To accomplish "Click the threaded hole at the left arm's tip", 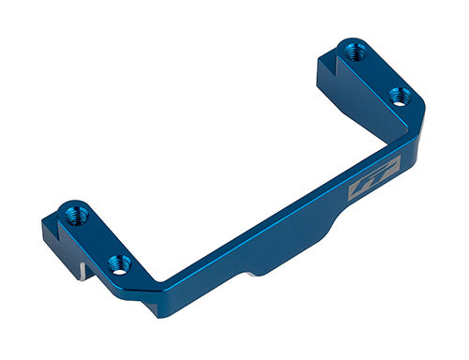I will [x=76, y=215].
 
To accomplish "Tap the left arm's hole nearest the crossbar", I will [x=117, y=262].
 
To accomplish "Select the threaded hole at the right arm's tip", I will [x=354, y=52].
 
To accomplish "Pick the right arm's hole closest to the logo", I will [x=398, y=96].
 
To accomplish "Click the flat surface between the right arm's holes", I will [x=376, y=74].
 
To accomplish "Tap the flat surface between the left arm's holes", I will [x=98, y=240].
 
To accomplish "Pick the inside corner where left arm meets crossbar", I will [x=161, y=278].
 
